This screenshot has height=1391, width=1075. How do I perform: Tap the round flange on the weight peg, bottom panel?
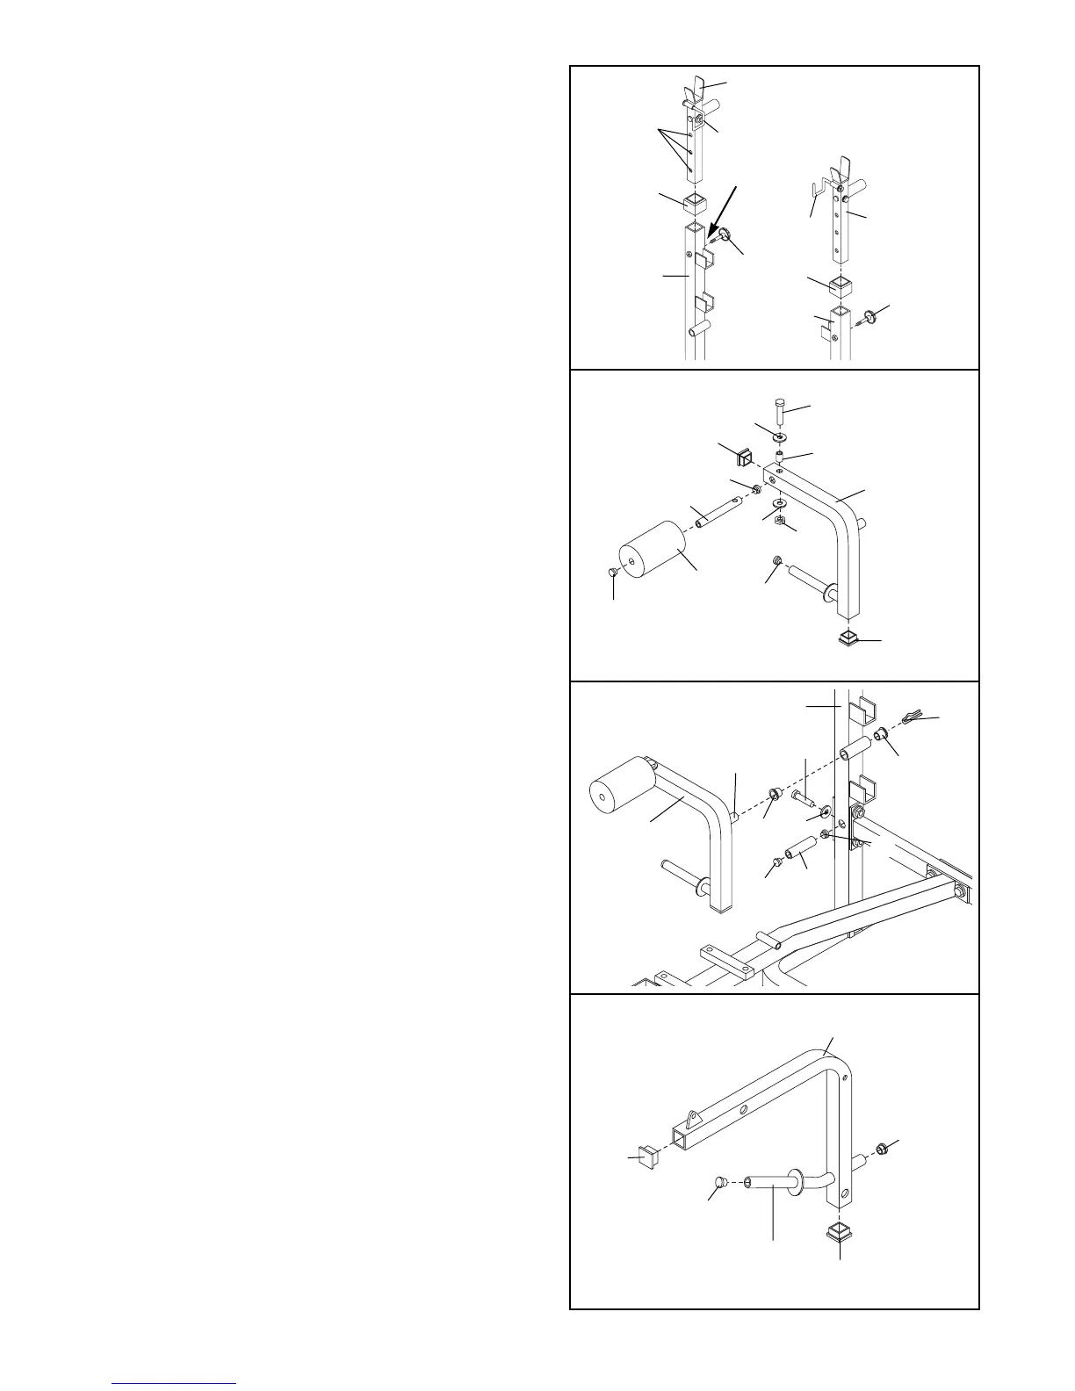[799, 1180]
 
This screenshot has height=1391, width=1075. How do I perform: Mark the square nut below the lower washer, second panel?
[780, 521]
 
